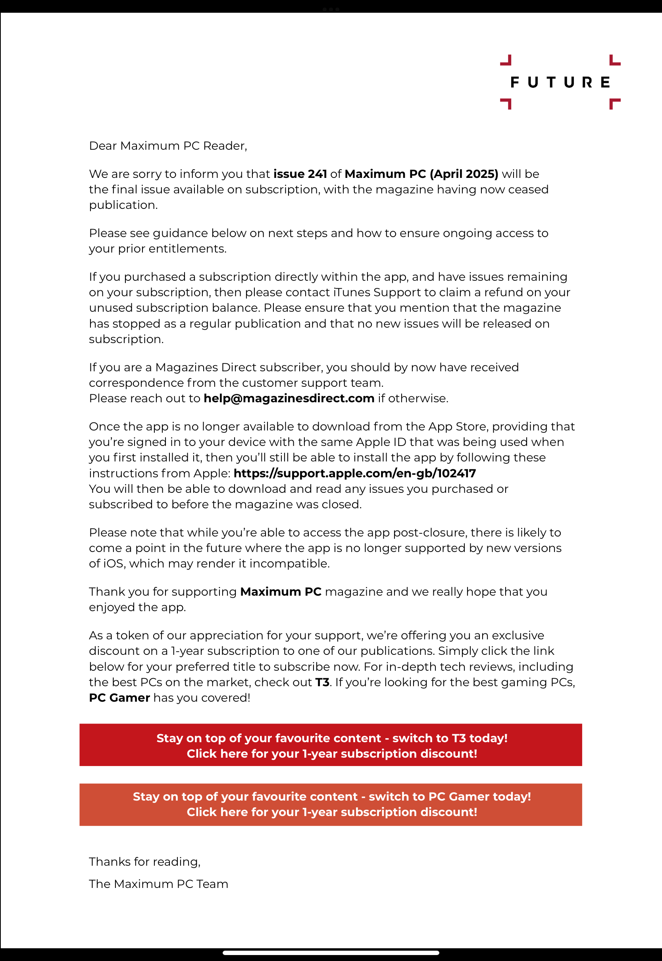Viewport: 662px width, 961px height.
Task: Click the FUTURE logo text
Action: [560, 82]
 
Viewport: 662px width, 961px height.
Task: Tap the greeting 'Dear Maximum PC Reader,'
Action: [168, 146]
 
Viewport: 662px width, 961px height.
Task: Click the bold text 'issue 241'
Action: [300, 174]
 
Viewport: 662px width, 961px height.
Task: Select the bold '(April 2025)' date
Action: [464, 174]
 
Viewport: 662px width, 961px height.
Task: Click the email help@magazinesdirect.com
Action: [289, 398]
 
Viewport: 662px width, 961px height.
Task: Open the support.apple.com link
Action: [355, 473]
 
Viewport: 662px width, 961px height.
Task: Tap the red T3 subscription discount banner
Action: [331, 745]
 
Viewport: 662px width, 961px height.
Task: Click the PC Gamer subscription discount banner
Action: [331, 805]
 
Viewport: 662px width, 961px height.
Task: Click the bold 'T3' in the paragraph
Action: [322, 683]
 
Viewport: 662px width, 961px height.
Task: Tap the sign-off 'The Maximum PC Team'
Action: [158, 884]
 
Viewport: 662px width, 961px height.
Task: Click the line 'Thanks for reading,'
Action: [145, 862]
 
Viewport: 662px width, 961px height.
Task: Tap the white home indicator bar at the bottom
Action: [331, 953]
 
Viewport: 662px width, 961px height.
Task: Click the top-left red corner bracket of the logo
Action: [506, 61]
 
